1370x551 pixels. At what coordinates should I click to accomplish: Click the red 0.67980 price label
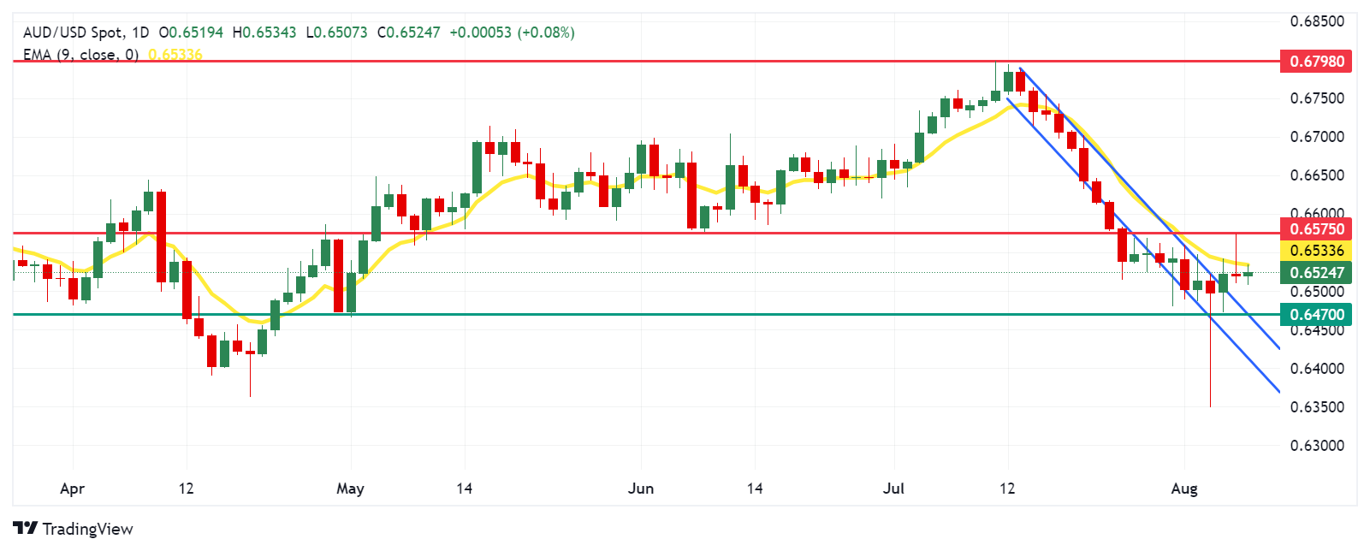click(x=1316, y=62)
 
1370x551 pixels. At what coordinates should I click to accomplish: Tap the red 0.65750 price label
click(x=1316, y=228)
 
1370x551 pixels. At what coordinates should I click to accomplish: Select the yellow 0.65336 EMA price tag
click(x=1316, y=251)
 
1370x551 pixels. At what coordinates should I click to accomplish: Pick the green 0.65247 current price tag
click(x=1316, y=273)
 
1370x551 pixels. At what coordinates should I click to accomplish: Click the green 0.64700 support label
click(x=1316, y=315)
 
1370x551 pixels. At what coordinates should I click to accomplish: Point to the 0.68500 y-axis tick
click(x=1316, y=21)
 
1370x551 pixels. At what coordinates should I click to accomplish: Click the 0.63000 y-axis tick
click(x=1316, y=446)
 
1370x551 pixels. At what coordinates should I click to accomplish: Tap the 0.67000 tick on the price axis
click(x=1316, y=137)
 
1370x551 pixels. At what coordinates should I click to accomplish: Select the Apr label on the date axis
click(x=73, y=489)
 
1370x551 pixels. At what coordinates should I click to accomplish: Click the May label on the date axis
click(x=350, y=489)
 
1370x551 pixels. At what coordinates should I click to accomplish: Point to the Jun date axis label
click(x=641, y=489)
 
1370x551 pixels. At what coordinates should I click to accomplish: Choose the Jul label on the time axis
click(x=893, y=489)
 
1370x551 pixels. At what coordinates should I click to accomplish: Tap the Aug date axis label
click(x=1184, y=489)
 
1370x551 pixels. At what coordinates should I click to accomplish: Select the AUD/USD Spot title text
click(x=73, y=33)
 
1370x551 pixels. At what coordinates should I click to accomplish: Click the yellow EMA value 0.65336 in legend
click(x=175, y=55)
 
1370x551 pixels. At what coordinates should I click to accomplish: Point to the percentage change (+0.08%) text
click(x=546, y=33)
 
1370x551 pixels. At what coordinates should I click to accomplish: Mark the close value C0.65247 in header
click(x=409, y=33)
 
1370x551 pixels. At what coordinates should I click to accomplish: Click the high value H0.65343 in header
click(x=264, y=33)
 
